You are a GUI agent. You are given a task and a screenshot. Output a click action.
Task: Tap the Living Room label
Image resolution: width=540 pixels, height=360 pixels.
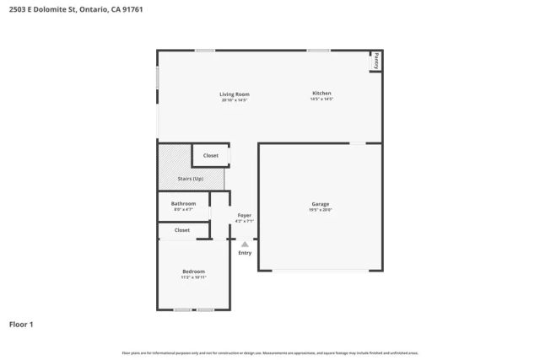(x=235, y=94)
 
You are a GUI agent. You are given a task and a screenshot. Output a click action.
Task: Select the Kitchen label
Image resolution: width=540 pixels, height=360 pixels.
(x=321, y=93)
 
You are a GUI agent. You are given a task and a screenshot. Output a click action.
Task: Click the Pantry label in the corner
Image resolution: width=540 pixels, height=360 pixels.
(x=376, y=61)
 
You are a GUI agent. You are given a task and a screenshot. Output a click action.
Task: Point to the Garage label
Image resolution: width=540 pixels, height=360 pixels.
(x=320, y=203)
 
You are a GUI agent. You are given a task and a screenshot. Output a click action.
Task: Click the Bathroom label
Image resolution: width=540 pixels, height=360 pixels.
(x=183, y=203)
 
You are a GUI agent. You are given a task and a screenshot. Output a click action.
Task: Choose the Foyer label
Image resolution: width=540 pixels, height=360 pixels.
(x=244, y=215)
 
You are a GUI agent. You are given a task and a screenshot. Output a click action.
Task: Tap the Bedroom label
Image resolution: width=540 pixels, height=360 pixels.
(x=193, y=271)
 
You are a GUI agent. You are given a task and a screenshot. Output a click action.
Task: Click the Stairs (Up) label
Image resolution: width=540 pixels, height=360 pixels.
(x=190, y=179)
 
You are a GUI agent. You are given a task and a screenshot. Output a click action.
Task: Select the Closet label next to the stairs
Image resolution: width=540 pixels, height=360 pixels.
(x=210, y=155)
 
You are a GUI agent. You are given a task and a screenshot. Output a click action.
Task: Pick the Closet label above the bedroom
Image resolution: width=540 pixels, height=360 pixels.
(x=182, y=229)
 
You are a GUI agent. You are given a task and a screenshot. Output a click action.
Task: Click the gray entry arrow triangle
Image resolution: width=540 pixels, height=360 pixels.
(x=245, y=244)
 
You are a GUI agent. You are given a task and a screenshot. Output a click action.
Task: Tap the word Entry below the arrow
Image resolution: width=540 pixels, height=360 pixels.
(x=245, y=253)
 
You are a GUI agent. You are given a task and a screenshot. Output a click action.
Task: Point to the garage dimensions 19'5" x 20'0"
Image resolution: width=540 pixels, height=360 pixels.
(x=320, y=210)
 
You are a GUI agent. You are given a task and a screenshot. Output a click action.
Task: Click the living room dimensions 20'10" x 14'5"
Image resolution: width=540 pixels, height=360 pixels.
(x=235, y=99)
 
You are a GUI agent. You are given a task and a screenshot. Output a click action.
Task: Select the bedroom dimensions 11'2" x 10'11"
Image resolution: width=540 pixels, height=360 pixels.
(x=193, y=277)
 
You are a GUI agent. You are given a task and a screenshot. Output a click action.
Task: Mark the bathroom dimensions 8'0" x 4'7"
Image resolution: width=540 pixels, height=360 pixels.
(x=183, y=209)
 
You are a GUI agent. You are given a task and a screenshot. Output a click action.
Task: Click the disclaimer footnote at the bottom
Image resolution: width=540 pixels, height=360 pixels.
(x=269, y=352)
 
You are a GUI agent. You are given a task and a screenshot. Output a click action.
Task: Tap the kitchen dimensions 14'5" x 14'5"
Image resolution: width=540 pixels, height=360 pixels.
(x=321, y=99)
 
